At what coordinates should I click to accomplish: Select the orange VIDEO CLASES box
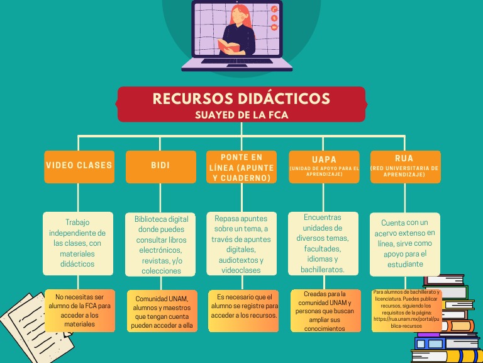pos(79,166)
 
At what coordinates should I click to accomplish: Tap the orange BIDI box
pos(160,166)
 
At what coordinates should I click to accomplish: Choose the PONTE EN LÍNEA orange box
pos(241,167)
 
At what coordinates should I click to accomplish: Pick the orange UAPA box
pos(324,166)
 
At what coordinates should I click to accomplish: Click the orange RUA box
pos(404,166)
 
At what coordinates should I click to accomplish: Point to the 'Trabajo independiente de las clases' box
pos(78,243)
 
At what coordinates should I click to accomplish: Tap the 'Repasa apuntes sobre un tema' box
pos(241,243)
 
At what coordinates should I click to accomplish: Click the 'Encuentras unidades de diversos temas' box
pos(324,243)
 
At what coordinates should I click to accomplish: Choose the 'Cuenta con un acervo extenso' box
pos(405,243)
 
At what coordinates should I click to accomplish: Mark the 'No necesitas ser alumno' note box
pos(79,310)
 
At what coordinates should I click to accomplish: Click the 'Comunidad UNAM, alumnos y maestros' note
pos(161,311)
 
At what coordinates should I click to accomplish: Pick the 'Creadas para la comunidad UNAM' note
pos(325,311)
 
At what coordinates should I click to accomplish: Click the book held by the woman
pos(230,46)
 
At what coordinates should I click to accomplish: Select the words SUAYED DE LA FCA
pos(241,115)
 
